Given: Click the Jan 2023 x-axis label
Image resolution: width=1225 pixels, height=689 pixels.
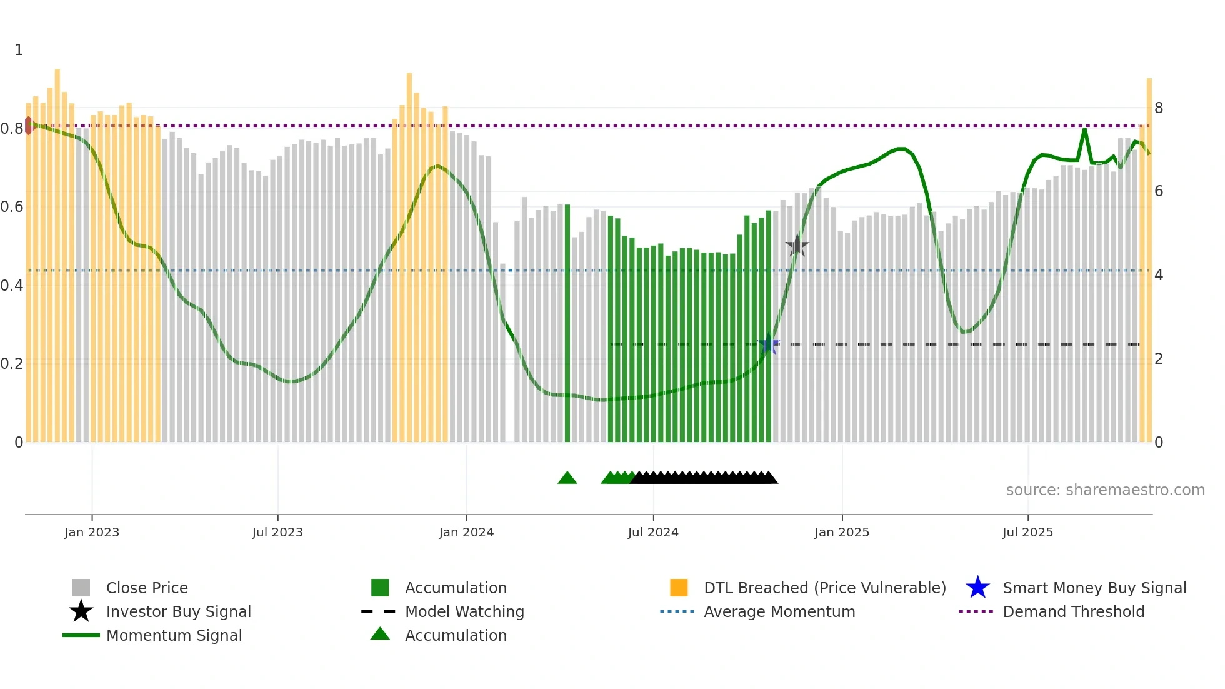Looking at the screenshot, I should tap(92, 532).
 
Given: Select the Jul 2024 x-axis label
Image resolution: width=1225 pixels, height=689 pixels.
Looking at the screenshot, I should tap(653, 532).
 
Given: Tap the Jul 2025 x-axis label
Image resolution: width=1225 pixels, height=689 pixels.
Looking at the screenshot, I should tap(1027, 532).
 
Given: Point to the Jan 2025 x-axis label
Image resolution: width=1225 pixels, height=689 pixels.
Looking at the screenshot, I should tap(842, 532).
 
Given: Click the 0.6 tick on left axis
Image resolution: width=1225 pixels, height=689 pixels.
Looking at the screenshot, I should tap(12, 206).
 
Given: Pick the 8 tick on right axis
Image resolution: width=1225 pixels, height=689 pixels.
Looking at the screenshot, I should tap(1159, 108).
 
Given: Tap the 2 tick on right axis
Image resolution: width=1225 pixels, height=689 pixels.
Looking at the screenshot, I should tap(1159, 359).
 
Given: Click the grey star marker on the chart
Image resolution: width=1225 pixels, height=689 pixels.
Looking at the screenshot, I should tap(797, 246).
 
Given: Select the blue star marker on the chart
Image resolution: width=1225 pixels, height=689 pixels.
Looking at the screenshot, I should tap(769, 344).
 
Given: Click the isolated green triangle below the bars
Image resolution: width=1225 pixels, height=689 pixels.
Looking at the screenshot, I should tap(567, 478).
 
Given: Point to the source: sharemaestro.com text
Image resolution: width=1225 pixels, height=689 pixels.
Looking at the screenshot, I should tap(1105, 490).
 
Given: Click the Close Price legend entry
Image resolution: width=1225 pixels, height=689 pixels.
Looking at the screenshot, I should tap(147, 588).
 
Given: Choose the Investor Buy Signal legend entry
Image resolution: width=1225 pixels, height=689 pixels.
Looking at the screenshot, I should tap(178, 611).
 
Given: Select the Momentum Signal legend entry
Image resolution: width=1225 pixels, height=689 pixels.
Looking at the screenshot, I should tap(174, 635).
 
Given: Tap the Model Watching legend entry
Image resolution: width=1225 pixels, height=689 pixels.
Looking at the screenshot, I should tap(464, 611).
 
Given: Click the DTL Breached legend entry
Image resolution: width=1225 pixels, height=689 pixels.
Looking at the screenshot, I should tap(824, 588).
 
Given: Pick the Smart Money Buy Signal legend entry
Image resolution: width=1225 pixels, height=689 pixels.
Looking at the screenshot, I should tap(1094, 588).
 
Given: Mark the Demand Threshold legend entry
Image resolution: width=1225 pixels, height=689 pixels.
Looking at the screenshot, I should tap(1073, 611).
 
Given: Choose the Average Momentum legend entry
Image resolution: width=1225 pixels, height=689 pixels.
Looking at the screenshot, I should tap(779, 611).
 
